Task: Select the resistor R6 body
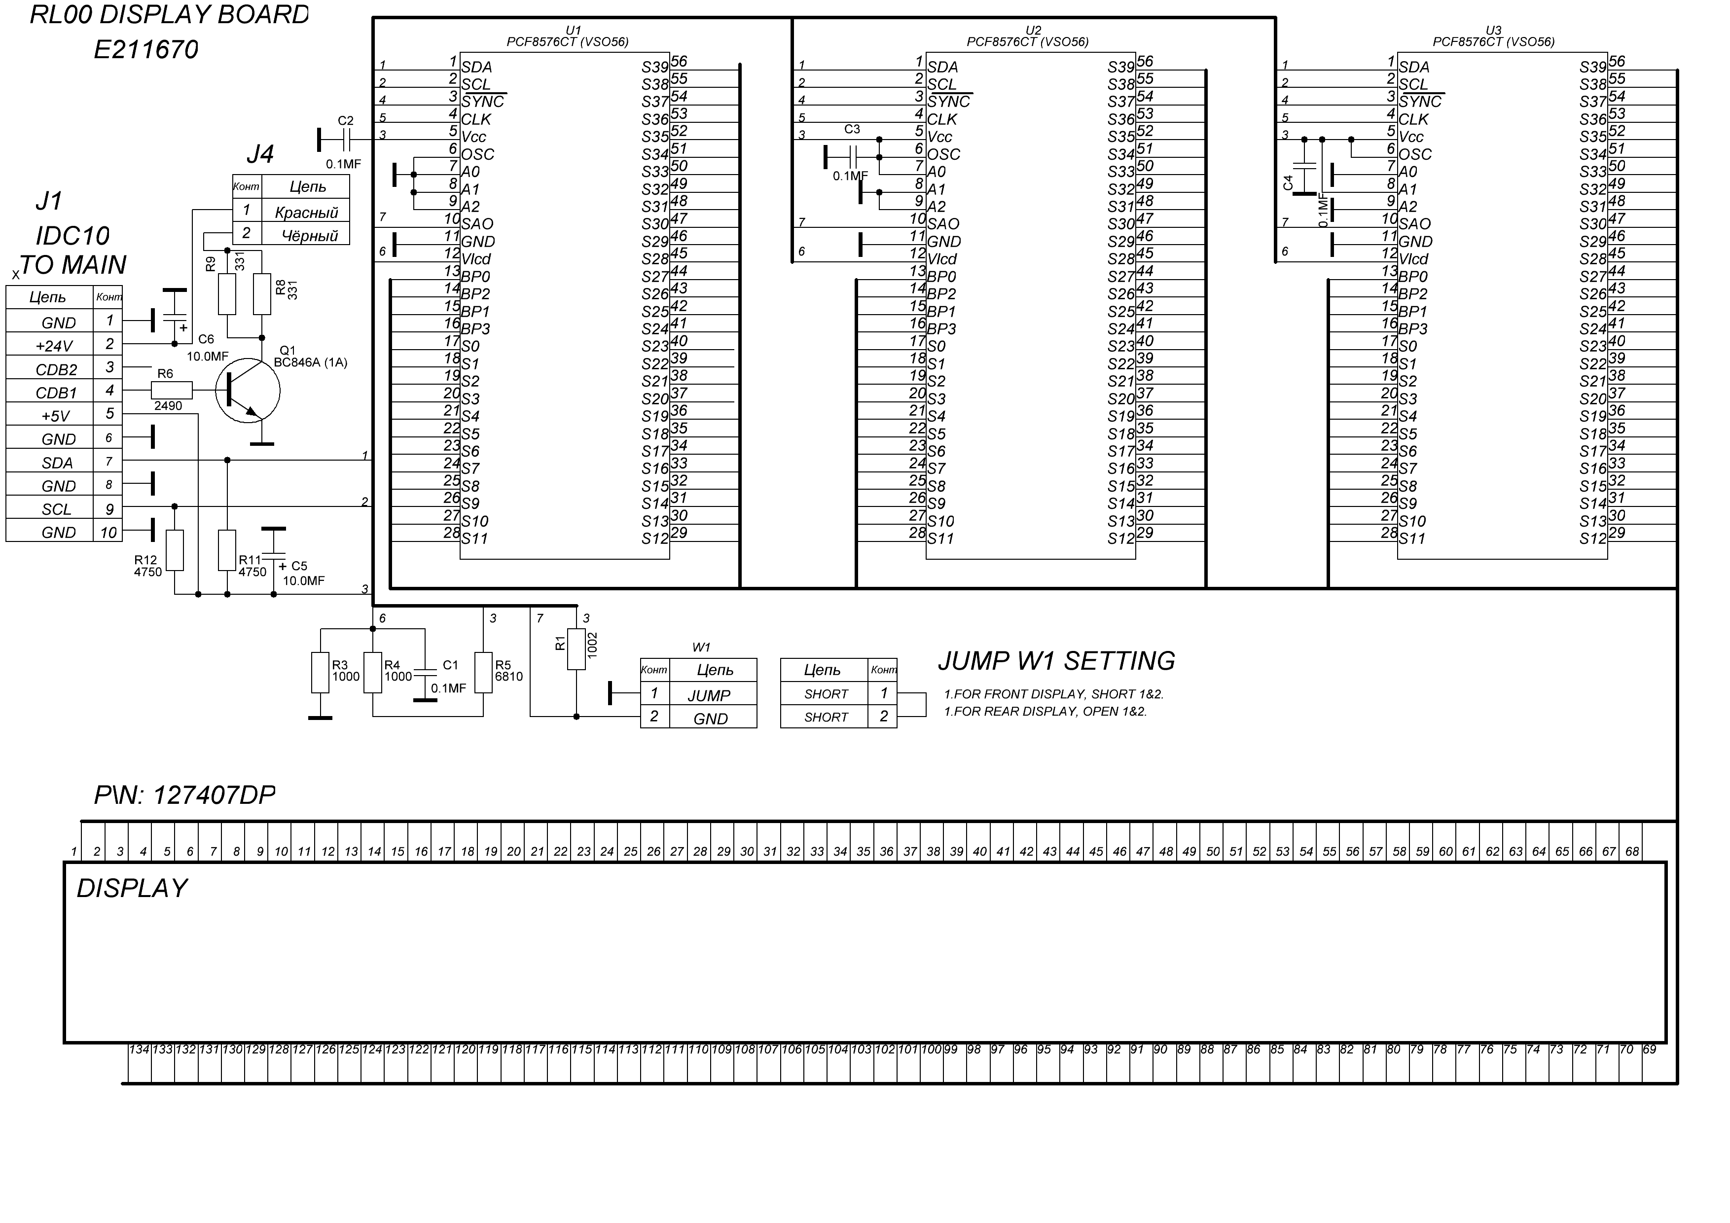(x=172, y=391)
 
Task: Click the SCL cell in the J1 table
(x=57, y=509)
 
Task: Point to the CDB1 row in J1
(x=57, y=393)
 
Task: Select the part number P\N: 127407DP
(x=184, y=795)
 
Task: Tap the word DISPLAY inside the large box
(x=132, y=889)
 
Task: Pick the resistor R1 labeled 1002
(x=577, y=649)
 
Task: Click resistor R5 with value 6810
(x=483, y=672)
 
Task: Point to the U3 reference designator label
(x=1493, y=30)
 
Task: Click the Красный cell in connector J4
(x=307, y=212)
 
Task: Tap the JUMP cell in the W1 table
(x=709, y=695)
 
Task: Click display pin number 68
(x=1632, y=852)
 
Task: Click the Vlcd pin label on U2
(x=942, y=259)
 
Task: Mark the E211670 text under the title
(x=145, y=50)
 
